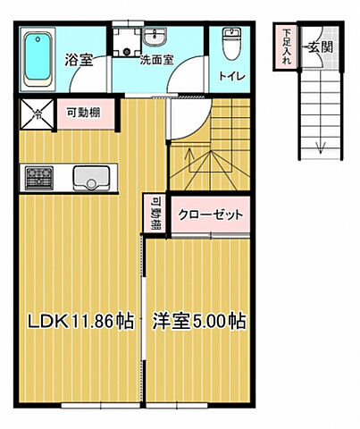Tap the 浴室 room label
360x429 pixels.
pos(80,61)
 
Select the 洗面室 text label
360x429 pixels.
pos(155,62)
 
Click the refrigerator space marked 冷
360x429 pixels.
pos(37,114)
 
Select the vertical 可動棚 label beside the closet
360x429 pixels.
pos(155,214)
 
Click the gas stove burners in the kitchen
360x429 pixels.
pos(41,178)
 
